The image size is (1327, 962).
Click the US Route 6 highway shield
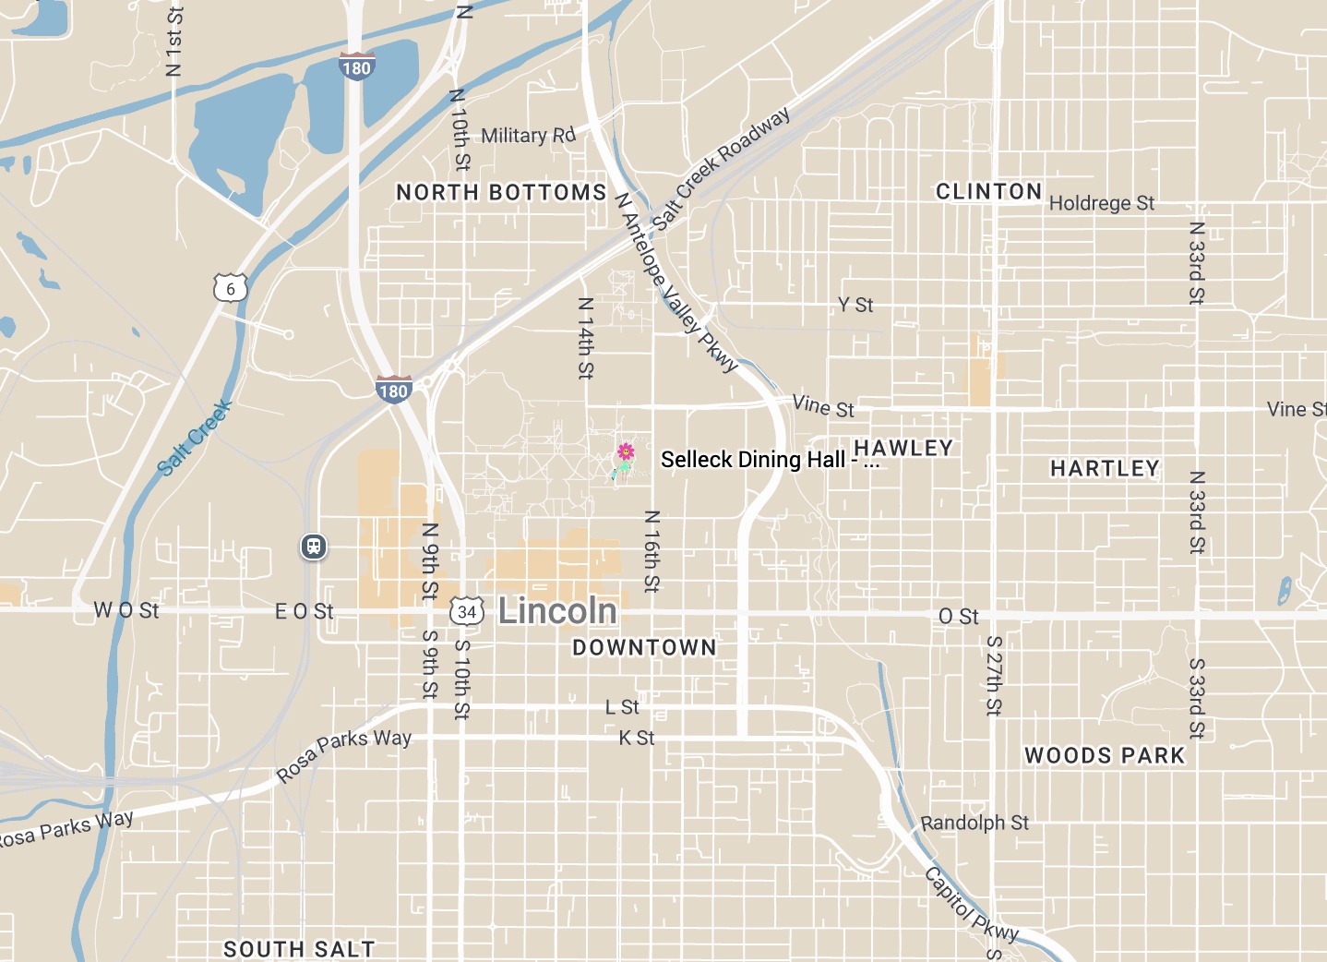(231, 288)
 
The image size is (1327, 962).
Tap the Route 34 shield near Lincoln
(467, 611)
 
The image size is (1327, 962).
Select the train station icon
(314, 547)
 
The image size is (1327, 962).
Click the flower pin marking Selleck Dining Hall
(625, 452)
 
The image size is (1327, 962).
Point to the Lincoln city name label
(557, 611)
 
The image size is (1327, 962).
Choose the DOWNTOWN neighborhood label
(644, 648)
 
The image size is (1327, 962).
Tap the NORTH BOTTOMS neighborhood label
(501, 192)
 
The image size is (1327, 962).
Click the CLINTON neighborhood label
(988, 191)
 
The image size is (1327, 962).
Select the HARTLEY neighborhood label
(1105, 469)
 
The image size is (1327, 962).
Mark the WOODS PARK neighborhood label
(1105, 756)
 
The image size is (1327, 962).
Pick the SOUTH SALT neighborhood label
(299, 949)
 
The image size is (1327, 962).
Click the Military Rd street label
(528, 136)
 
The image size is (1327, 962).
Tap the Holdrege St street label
(1102, 203)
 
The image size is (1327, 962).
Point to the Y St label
(855, 305)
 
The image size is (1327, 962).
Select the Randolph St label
(974, 823)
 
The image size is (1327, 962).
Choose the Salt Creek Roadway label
(722, 168)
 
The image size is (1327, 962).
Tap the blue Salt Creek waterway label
(195, 438)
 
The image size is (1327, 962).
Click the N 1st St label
(174, 42)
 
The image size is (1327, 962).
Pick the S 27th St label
(994, 676)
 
